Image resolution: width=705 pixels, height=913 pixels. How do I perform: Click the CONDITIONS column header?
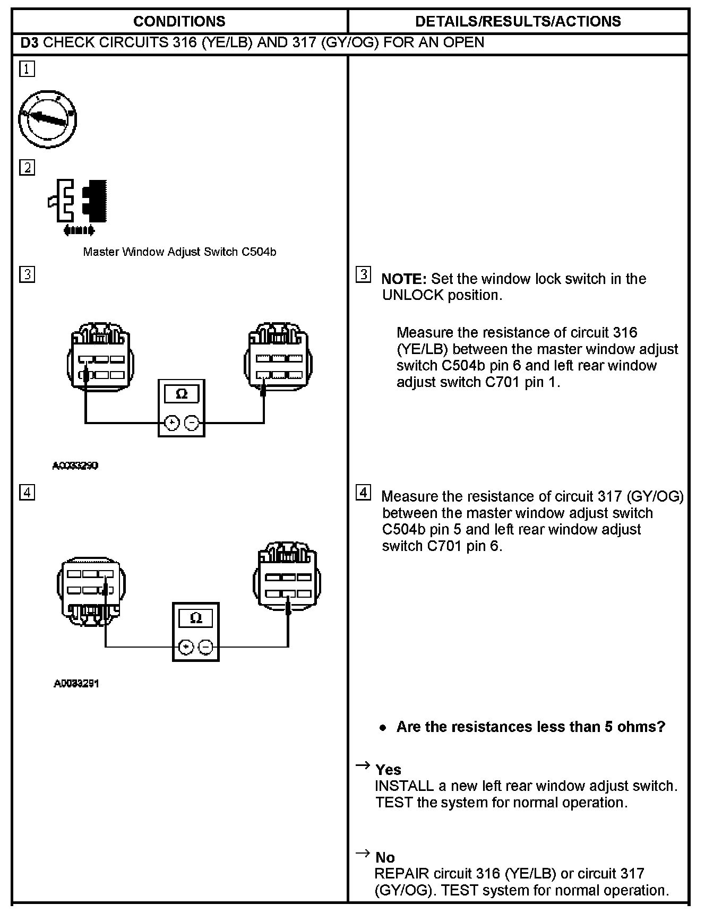(x=179, y=21)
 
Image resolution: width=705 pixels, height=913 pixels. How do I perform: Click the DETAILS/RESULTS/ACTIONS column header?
(x=518, y=21)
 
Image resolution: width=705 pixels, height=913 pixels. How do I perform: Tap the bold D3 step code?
(x=29, y=42)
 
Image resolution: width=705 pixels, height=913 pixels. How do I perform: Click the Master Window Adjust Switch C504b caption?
(x=179, y=252)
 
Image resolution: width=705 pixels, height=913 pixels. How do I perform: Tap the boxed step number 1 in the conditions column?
(x=27, y=69)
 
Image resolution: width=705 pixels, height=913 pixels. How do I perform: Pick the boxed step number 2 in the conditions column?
(x=27, y=168)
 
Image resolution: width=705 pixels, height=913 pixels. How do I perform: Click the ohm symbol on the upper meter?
(x=181, y=394)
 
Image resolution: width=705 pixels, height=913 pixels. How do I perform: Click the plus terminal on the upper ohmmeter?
(x=171, y=423)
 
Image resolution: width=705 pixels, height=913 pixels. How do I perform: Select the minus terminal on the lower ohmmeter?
(x=205, y=647)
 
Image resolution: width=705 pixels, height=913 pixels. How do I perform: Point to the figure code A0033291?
(x=76, y=684)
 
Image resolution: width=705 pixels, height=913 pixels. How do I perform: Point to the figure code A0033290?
(x=75, y=466)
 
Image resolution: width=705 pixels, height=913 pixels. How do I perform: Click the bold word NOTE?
(x=404, y=279)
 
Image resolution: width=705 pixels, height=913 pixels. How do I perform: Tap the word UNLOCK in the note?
(x=412, y=296)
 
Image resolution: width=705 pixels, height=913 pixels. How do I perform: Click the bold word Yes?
(x=388, y=770)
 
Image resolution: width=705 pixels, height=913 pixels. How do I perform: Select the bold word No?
(x=385, y=857)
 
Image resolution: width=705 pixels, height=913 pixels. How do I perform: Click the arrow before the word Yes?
(x=363, y=765)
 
